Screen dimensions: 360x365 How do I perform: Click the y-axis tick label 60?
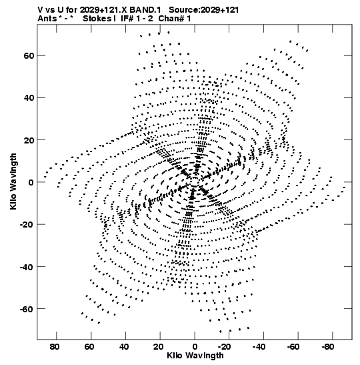tap(29, 56)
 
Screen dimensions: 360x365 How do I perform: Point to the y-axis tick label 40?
tap(29, 98)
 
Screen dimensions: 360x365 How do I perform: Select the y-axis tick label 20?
tap(29, 140)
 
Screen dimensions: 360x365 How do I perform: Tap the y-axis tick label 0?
tap(31, 182)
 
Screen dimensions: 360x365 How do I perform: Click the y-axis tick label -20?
tap(27, 224)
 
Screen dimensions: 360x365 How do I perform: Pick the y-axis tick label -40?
tap(27, 266)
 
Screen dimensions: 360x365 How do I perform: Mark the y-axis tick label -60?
tap(27, 309)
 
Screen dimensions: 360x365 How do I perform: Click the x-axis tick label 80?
tap(55, 347)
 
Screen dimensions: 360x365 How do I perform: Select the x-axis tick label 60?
tap(89, 347)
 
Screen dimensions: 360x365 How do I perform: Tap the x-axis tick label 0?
tap(195, 347)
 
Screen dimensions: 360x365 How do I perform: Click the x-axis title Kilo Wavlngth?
tap(195, 356)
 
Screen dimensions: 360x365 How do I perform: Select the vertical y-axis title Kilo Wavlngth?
tap(13, 181)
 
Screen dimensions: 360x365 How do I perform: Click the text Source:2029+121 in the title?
tap(204, 10)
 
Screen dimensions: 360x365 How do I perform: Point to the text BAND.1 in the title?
tap(145, 10)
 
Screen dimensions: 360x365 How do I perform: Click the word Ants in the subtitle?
tap(47, 19)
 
